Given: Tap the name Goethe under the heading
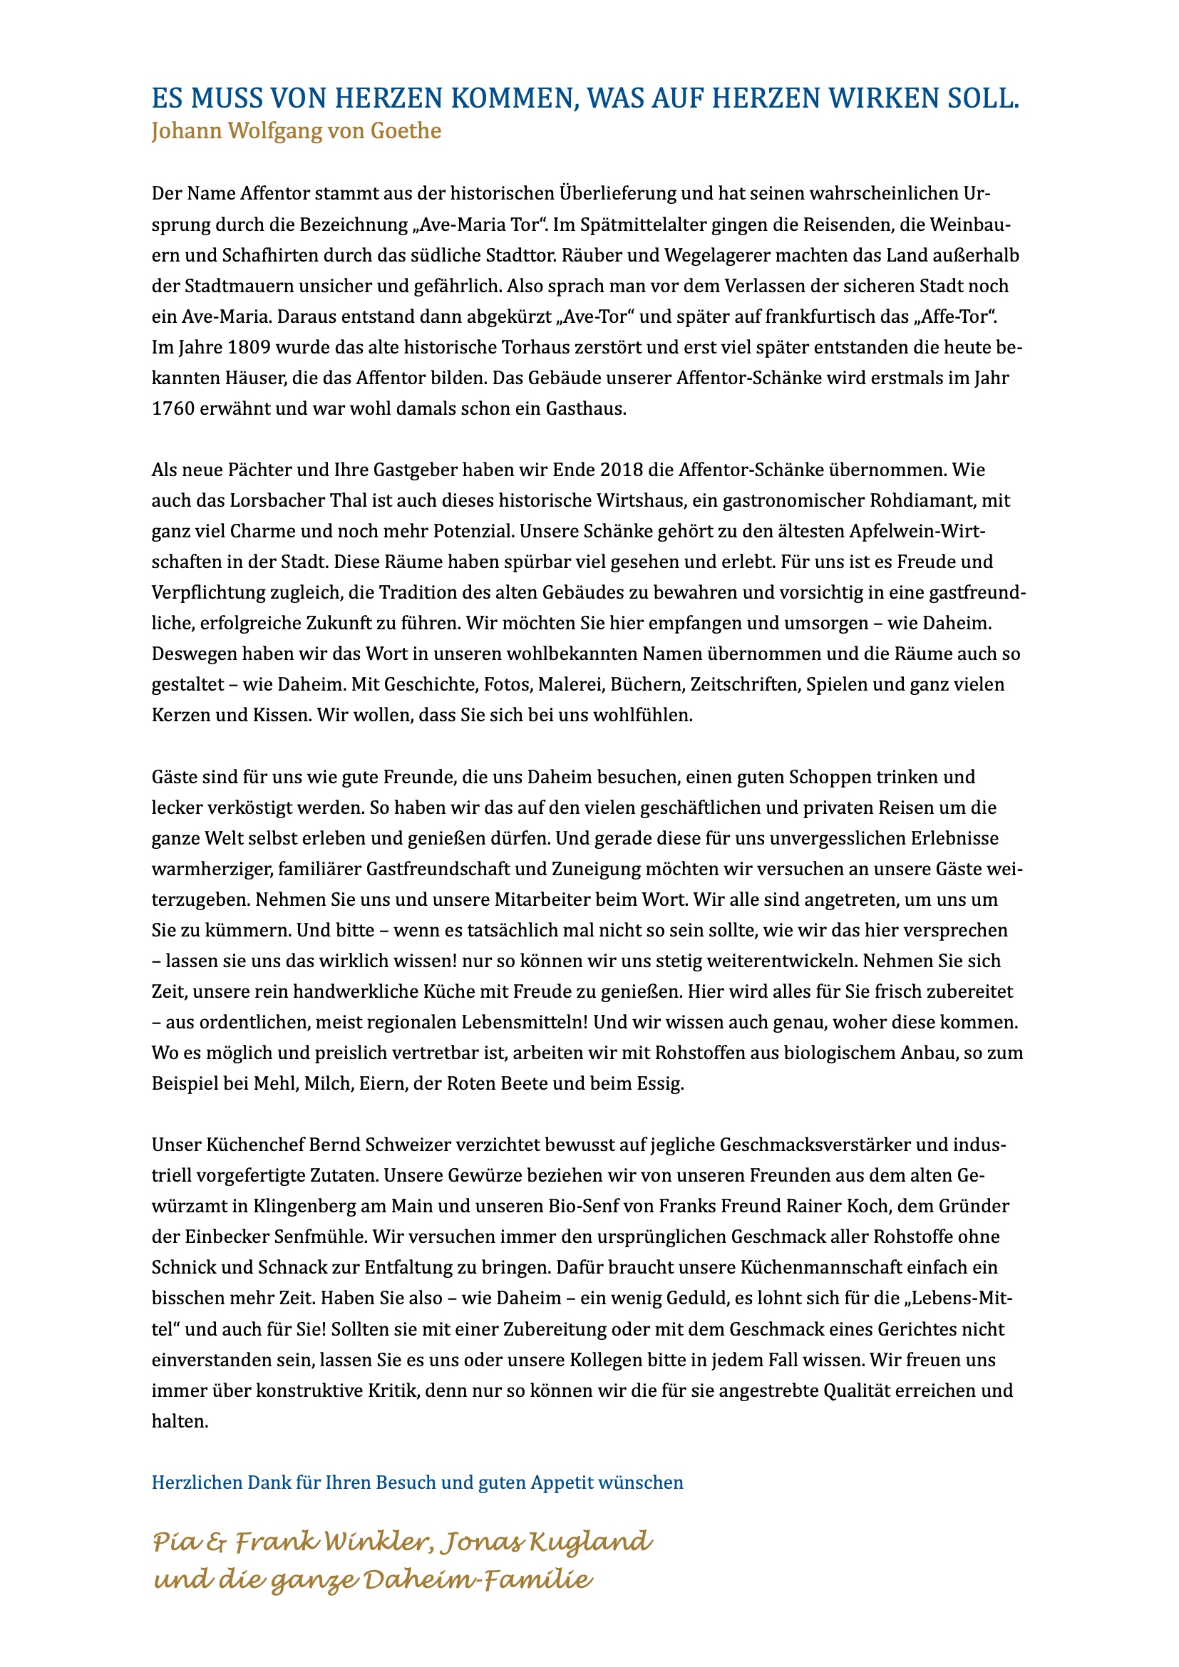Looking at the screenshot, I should (x=406, y=130).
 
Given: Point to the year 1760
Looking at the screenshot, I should (x=173, y=409).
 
